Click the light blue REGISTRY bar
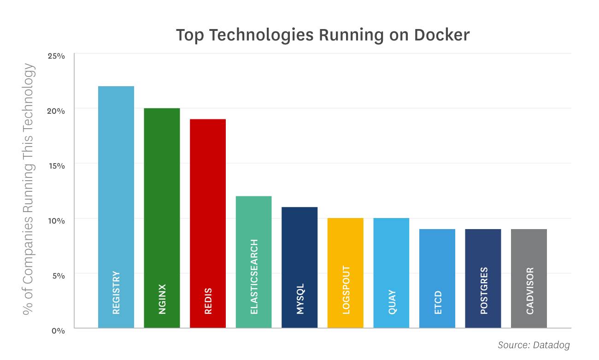(116, 207)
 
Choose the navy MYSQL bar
(299, 267)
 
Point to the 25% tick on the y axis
(56, 56)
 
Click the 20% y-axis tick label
(56, 111)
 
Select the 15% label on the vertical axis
(56, 165)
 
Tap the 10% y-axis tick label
(56, 220)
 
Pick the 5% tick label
(58, 276)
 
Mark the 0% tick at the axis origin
(58, 330)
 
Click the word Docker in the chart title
(442, 35)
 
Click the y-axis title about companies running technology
(29, 189)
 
